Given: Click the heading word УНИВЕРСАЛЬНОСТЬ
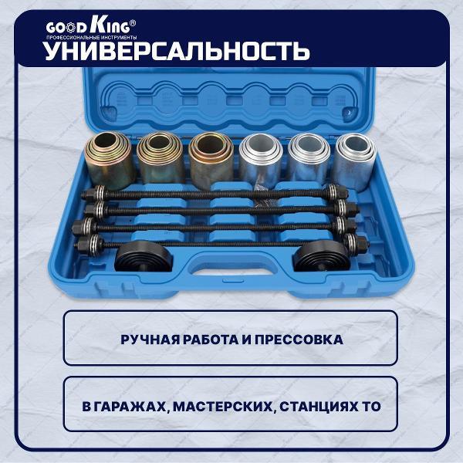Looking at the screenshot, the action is tap(177, 50).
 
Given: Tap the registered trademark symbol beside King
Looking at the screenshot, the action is tap(133, 23).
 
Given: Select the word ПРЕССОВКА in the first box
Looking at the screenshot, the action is tap(299, 340).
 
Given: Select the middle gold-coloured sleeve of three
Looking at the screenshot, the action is tap(160, 158).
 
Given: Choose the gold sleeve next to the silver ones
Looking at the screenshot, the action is tap(211, 160).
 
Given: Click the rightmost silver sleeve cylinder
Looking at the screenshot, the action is tap(356, 161).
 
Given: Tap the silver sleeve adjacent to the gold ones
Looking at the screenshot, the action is tap(261, 161).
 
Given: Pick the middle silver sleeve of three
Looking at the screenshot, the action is tap(309, 158).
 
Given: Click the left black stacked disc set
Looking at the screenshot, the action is tap(144, 256).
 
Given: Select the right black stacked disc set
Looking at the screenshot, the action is tap(321, 256).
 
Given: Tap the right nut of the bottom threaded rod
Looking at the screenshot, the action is tap(360, 243).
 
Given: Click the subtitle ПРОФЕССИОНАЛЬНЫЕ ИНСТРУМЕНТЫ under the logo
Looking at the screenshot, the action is tap(92, 38).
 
